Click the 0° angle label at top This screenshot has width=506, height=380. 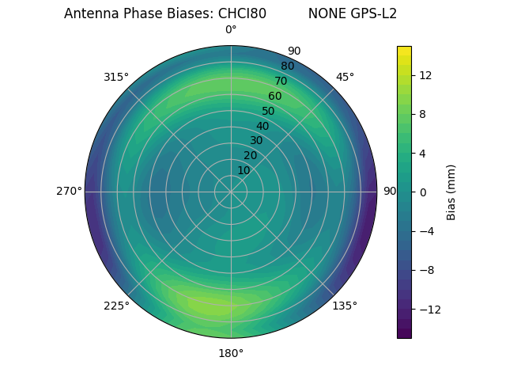[231, 30]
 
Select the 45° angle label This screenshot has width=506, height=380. [345, 77]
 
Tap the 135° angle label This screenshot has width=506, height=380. [345, 306]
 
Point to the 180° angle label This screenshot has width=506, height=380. [231, 353]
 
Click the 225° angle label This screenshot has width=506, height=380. [116, 306]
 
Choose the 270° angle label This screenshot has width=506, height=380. [69, 191]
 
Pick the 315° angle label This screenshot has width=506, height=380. [116, 77]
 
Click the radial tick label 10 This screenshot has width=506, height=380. [244, 170]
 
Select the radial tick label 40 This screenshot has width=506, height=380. [262, 126]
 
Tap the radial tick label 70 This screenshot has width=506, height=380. [281, 81]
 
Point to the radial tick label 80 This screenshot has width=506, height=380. [287, 66]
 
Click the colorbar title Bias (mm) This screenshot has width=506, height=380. [451, 192]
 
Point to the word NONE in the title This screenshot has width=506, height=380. [324, 13]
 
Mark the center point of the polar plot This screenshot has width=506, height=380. [231, 192]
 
